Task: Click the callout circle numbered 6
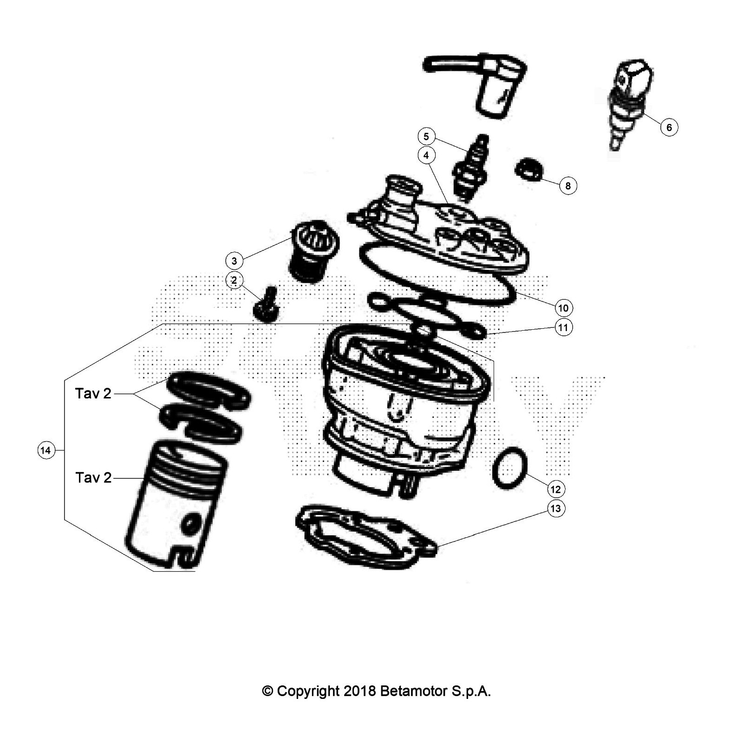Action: click(669, 127)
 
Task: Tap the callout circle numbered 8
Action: click(567, 186)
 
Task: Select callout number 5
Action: click(426, 137)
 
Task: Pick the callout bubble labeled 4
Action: click(426, 155)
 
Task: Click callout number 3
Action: click(234, 261)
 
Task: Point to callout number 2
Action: click(234, 280)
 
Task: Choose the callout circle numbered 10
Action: click(563, 307)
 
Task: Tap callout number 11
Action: click(563, 327)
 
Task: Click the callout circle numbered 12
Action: click(555, 489)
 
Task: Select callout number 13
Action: click(555, 508)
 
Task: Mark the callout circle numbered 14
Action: click(46, 450)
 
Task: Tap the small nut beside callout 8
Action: click(529, 169)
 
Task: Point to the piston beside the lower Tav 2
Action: click(176, 504)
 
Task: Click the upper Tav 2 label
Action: click(93, 393)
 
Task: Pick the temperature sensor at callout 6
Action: click(630, 104)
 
